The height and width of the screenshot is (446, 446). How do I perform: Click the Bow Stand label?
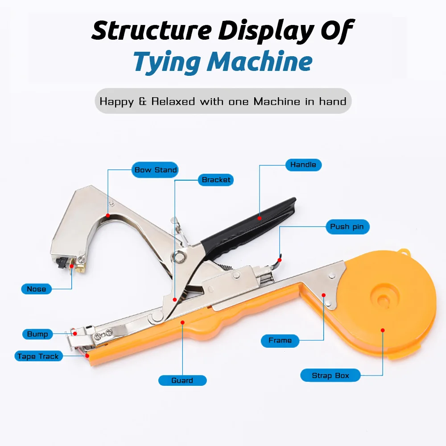coord(156,170)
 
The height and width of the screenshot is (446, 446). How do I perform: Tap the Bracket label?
coord(216,180)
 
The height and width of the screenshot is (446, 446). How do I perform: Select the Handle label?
coord(303,165)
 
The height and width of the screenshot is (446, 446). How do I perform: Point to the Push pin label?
coord(347,227)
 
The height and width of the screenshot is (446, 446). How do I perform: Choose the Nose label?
coord(36,289)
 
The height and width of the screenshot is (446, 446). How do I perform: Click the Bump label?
coord(37,334)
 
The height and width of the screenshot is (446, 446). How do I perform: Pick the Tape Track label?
coord(38,356)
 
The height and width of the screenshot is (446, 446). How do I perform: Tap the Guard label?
coord(182,380)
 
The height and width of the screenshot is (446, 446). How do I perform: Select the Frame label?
coord(280,340)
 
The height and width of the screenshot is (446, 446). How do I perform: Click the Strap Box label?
coord(330,376)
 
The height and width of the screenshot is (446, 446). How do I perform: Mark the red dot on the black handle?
coord(260,217)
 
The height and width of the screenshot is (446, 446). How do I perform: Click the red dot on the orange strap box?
coord(383,330)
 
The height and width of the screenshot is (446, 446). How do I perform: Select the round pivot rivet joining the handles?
coord(180,256)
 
